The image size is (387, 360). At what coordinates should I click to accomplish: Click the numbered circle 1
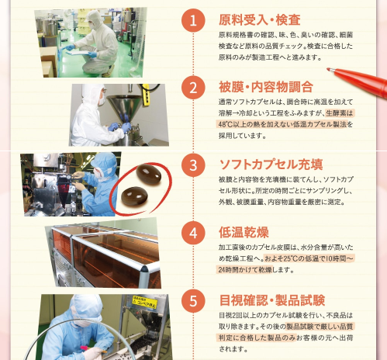(193, 20)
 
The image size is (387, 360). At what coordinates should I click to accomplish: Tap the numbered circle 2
(193, 87)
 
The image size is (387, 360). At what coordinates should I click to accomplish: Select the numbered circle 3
(193, 165)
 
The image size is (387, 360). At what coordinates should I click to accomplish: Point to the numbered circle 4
(193, 233)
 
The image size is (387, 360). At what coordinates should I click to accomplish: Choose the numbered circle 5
(193, 301)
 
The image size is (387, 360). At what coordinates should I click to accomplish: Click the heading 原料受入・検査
(260, 20)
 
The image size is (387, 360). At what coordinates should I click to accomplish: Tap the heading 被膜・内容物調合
(266, 87)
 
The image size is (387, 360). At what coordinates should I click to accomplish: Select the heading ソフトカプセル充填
(271, 164)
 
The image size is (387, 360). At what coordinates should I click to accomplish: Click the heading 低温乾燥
(244, 232)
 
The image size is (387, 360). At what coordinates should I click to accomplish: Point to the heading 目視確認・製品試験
(272, 300)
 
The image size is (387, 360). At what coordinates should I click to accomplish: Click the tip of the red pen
(328, 69)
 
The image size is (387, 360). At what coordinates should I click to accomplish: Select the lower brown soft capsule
(134, 196)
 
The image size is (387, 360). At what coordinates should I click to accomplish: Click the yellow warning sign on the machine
(144, 302)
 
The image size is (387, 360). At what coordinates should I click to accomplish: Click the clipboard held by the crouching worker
(78, 53)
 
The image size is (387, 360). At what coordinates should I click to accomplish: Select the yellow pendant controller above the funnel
(146, 95)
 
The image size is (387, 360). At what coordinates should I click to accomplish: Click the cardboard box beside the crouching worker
(48, 62)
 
